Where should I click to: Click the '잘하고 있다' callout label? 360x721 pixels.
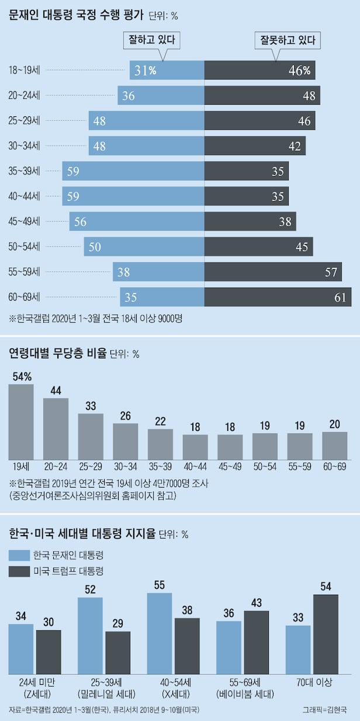click(x=151, y=40)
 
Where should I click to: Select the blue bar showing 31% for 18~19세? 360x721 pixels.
click(x=167, y=71)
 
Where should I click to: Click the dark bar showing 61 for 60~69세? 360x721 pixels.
click(x=278, y=297)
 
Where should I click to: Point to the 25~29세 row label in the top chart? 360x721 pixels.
click(x=25, y=121)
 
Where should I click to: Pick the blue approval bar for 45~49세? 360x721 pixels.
click(x=137, y=222)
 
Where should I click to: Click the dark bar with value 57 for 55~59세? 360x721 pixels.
click(x=274, y=272)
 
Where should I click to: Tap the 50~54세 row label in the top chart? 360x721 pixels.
click(x=25, y=247)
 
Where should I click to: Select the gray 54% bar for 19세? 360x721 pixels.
click(x=21, y=421)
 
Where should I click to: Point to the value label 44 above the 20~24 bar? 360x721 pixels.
click(x=56, y=391)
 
